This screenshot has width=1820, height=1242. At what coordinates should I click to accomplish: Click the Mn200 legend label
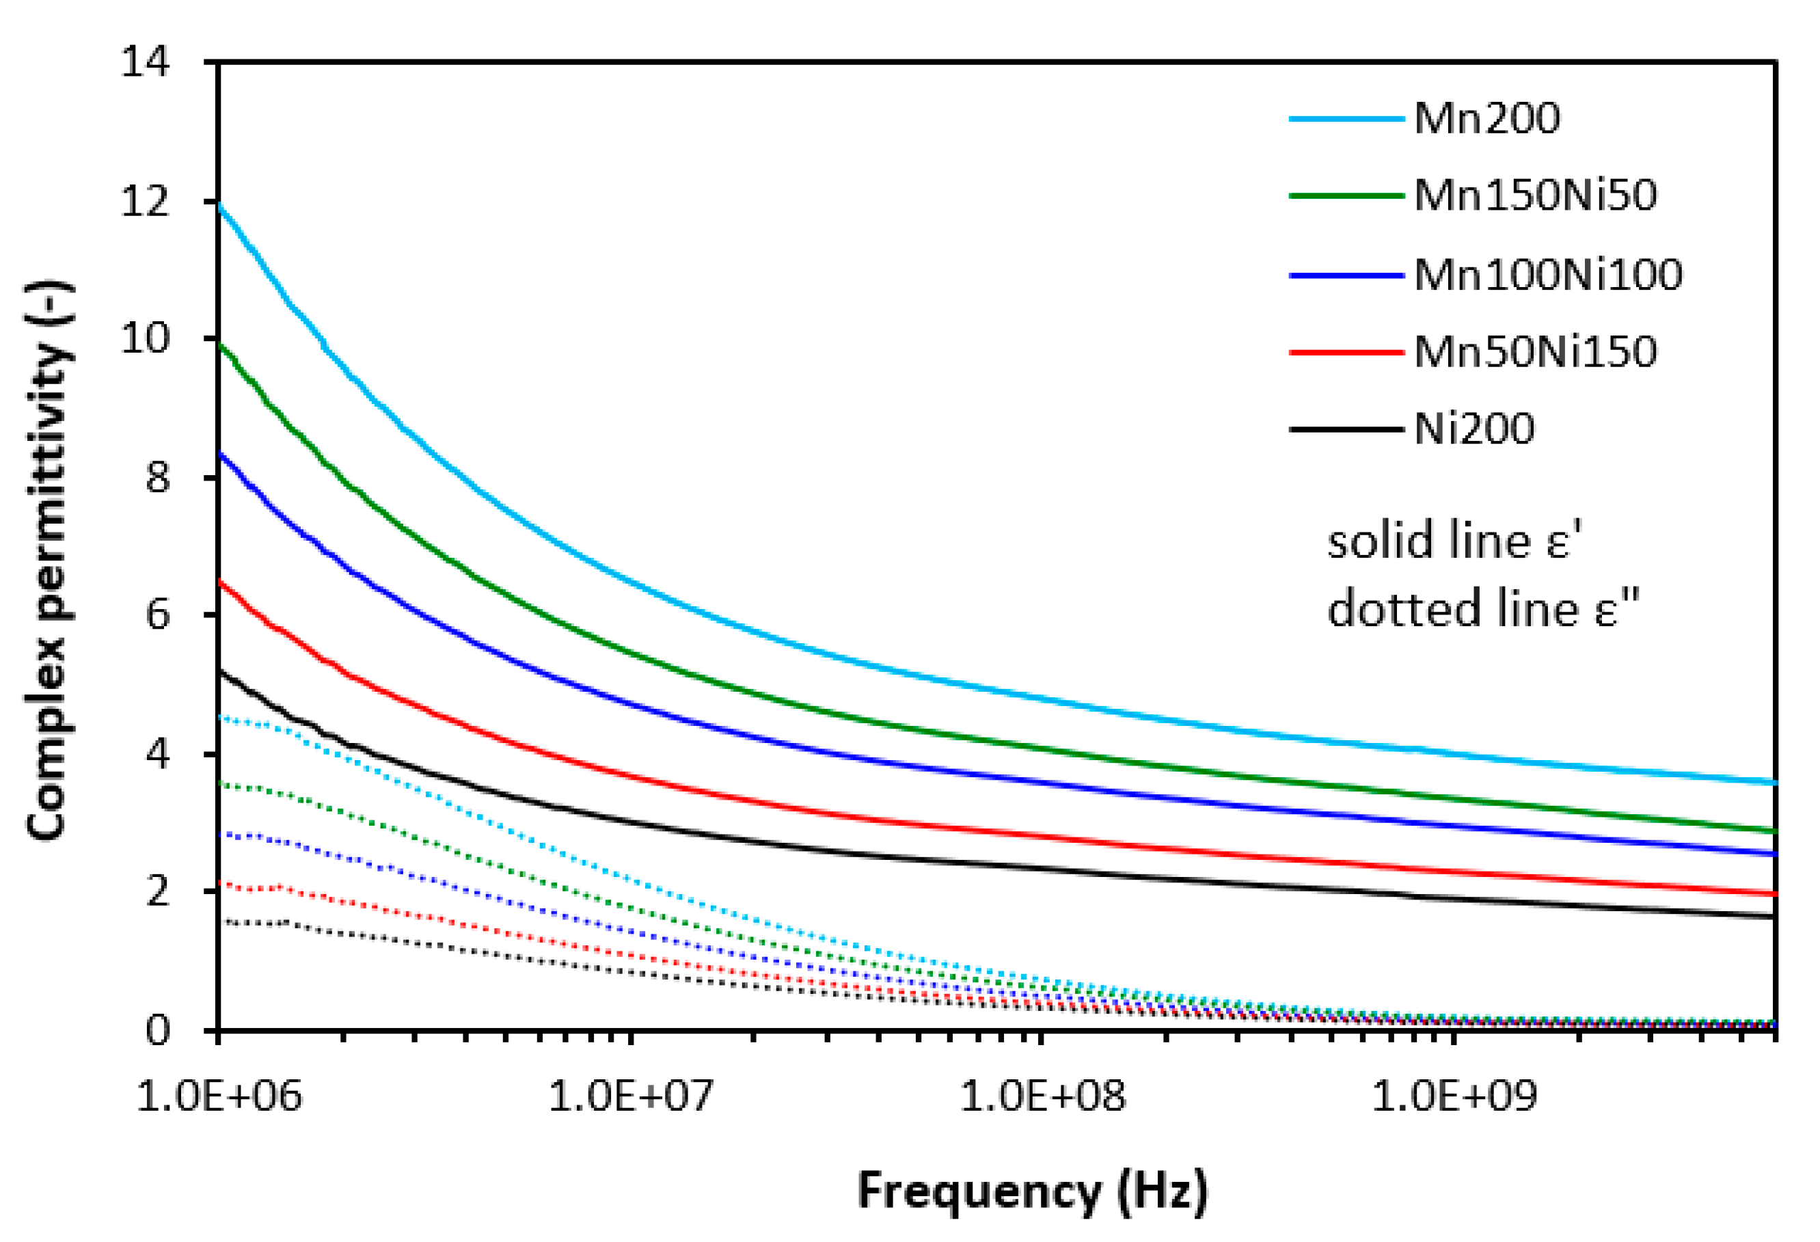click(1486, 120)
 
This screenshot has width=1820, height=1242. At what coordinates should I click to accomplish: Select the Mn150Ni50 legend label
click(1535, 195)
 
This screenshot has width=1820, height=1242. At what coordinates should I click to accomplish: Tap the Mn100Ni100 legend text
click(1547, 275)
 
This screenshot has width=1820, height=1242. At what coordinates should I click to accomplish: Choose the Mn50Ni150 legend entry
click(1535, 351)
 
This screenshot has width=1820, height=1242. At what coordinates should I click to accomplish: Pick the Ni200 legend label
click(1474, 429)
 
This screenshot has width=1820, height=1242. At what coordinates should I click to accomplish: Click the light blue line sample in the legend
click(1346, 120)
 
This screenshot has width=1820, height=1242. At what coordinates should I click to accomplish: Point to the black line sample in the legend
click(1346, 429)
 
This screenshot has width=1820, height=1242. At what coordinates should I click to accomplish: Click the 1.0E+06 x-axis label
click(219, 1096)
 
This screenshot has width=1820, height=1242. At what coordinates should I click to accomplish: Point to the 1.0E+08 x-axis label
click(1042, 1096)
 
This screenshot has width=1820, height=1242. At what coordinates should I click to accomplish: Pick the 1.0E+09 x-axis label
click(1454, 1096)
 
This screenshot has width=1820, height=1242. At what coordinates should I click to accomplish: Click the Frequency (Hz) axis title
click(1032, 1191)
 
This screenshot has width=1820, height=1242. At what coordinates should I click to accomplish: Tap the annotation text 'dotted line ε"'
click(1482, 609)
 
